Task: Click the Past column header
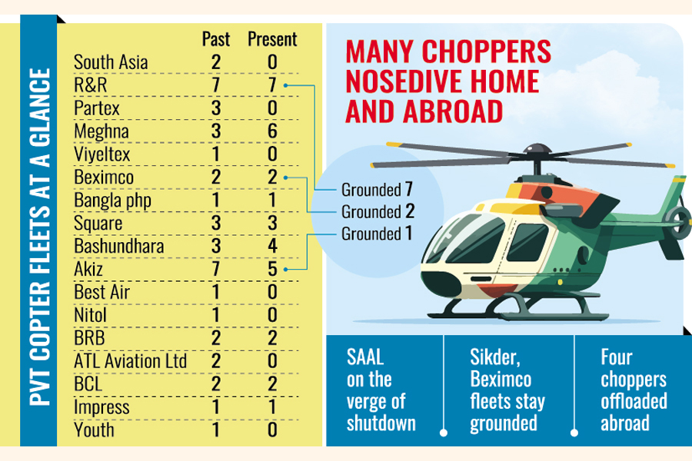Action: (x=216, y=38)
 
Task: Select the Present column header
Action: (x=271, y=38)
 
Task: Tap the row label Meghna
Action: (x=101, y=131)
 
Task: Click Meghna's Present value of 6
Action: (x=272, y=131)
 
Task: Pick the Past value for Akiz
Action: (x=216, y=270)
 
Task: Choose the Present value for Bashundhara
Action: (x=272, y=247)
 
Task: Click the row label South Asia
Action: (x=111, y=61)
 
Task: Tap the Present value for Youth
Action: (x=272, y=429)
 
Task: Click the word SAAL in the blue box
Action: (x=365, y=357)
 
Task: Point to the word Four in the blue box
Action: (x=617, y=357)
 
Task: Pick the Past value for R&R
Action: (x=216, y=85)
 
